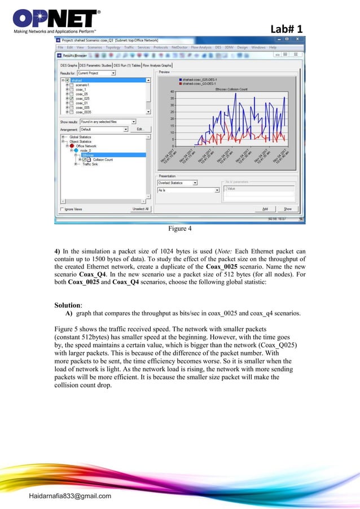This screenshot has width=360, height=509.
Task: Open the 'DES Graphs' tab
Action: tap(68, 65)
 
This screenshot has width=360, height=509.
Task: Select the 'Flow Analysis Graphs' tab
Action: tap(157, 65)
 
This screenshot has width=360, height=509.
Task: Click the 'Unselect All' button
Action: tap(140, 209)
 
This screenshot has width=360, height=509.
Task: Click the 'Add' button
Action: tap(265, 209)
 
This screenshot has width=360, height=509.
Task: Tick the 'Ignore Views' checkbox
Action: tap(63, 209)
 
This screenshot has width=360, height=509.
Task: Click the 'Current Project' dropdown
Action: tap(96, 73)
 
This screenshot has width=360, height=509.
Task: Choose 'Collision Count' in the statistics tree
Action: tap(102, 160)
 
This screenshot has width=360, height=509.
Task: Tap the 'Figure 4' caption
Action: tap(179, 229)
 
